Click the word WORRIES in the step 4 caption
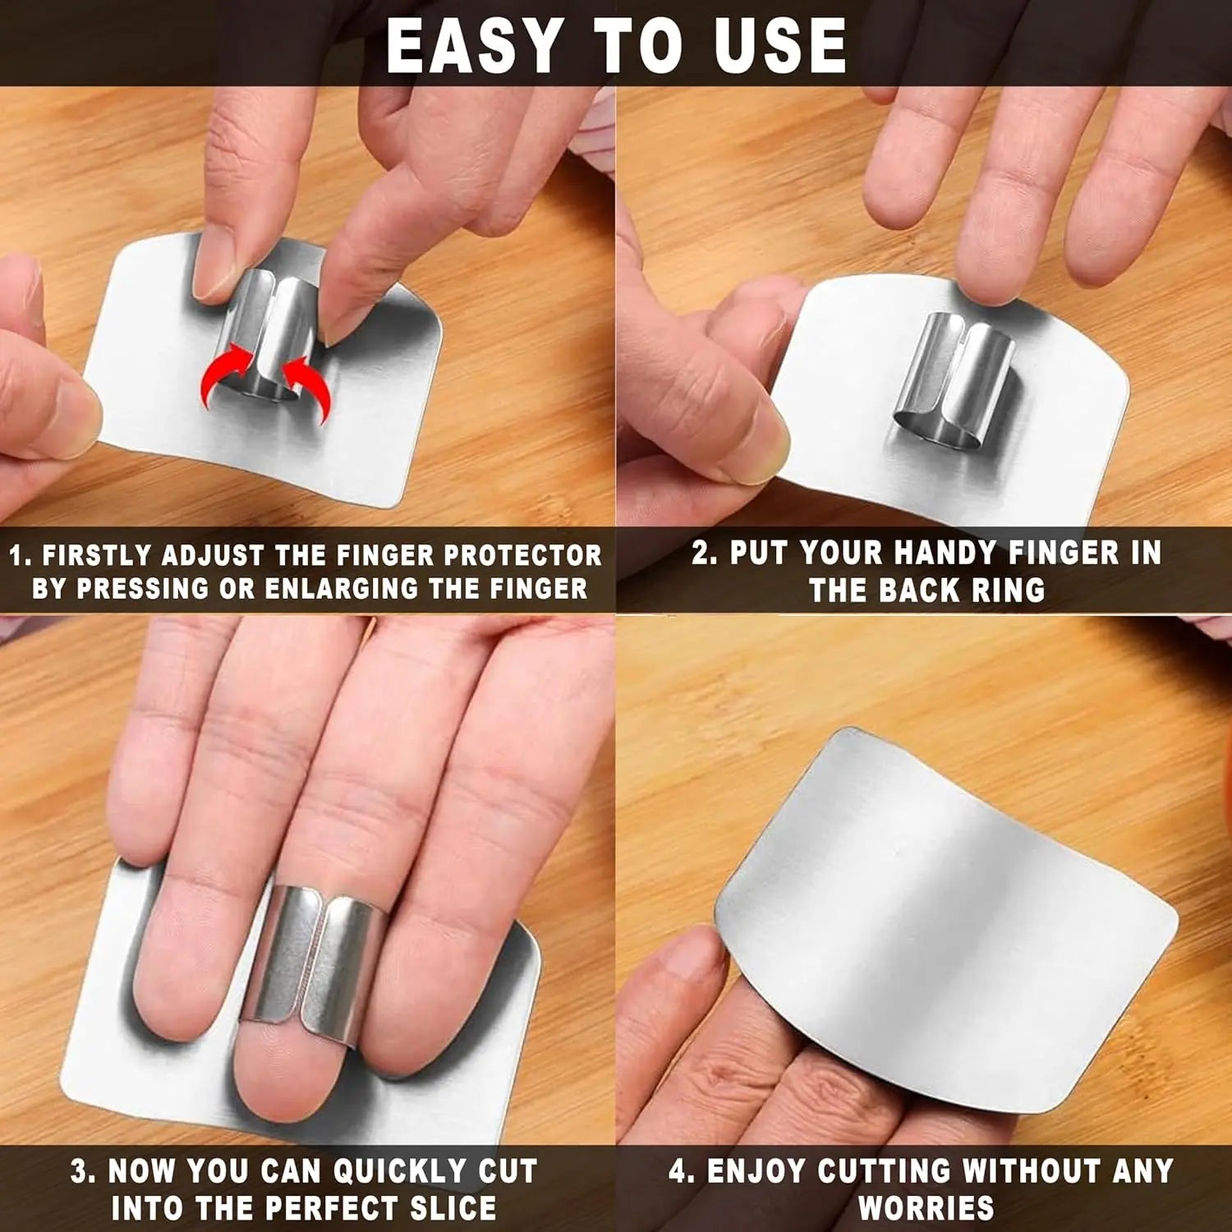tap(926, 1208)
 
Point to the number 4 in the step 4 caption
tap(679, 1171)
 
